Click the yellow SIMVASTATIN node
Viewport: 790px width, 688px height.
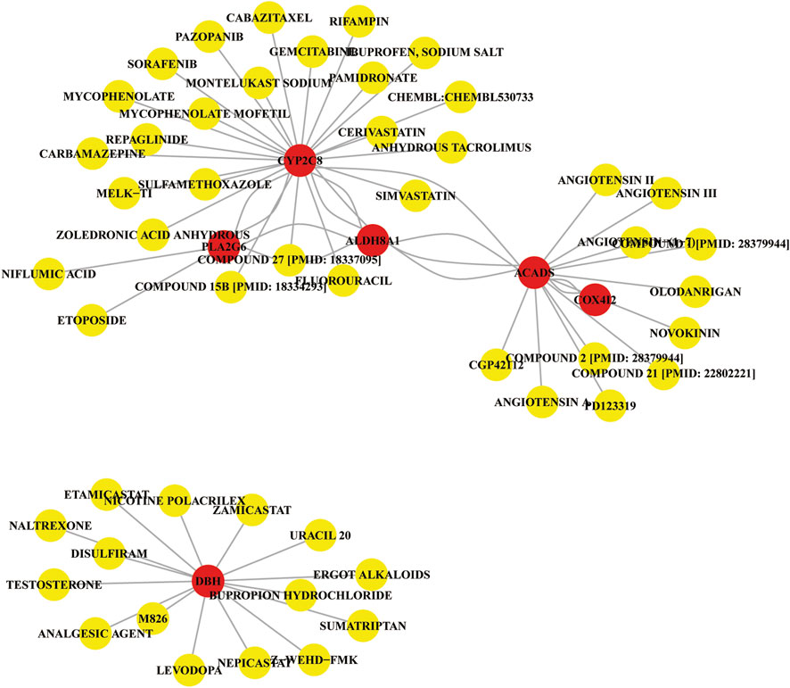pyautogui.click(x=416, y=195)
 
